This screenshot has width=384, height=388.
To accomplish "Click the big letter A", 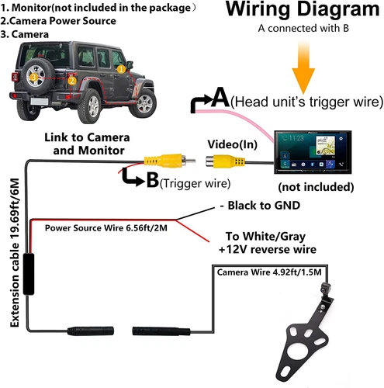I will [220, 99].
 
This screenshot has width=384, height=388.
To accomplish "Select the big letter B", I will [151, 181].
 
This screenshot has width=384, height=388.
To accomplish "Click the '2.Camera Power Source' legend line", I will [59, 20].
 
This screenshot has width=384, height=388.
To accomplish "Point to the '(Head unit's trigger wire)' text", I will [306, 101].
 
